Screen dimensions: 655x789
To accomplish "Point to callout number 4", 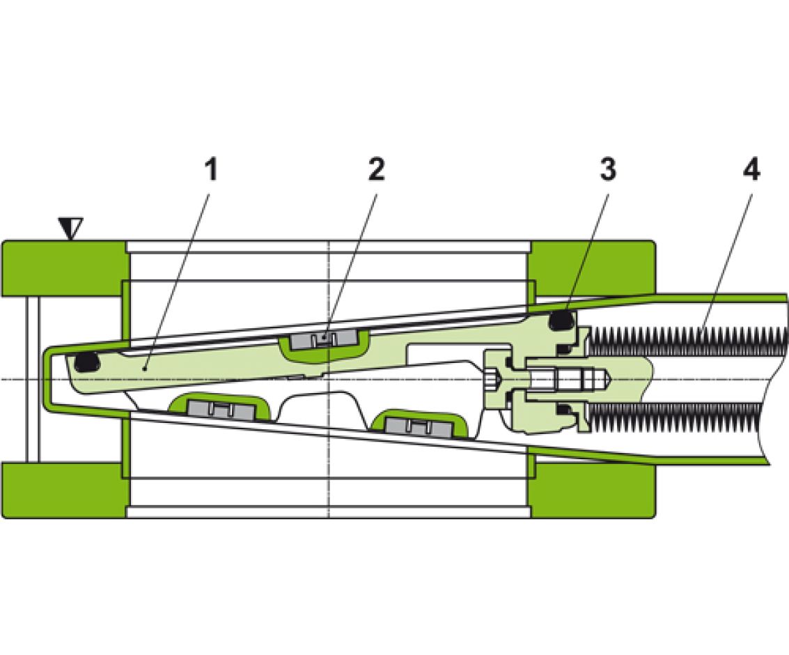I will click(x=751, y=169).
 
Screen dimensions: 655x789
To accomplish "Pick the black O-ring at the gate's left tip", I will click(x=85, y=362).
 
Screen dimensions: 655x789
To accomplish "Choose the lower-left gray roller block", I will click(x=218, y=409).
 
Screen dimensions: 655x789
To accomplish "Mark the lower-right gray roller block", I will click(x=416, y=425).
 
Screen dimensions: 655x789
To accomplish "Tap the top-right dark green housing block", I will click(x=592, y=268).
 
